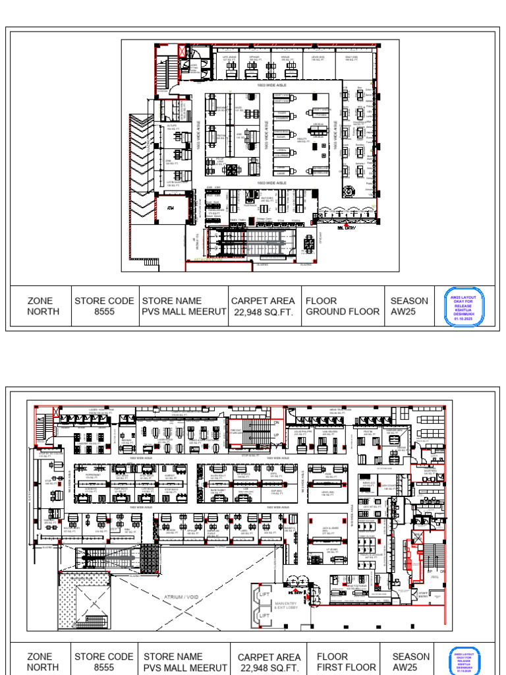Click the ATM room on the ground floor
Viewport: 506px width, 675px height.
pyautogui.click(x=170, y=208)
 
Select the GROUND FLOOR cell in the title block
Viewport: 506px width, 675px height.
pyautogui.click(x=343, y=306)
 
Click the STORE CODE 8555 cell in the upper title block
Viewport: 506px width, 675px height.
pyautogui.click(x=104, y=306)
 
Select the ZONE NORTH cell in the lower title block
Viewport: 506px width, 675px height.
pyautogui.click(x=43, y=662)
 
